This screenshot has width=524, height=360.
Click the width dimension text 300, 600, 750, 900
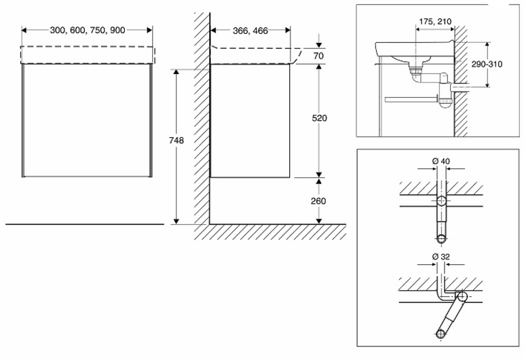coord(87,31)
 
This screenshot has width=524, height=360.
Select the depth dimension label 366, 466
coord(250,31)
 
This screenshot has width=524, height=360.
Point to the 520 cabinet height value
coord(320,118)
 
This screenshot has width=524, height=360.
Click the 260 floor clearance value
coord(320,201)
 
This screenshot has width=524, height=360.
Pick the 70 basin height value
coord(320,55)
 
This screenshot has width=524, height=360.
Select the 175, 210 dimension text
coord(434,22)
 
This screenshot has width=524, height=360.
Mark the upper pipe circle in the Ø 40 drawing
coord(442,201)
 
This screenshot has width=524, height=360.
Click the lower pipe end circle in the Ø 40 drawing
coord(442,238)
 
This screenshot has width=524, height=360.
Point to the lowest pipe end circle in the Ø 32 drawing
coord(441,333)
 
